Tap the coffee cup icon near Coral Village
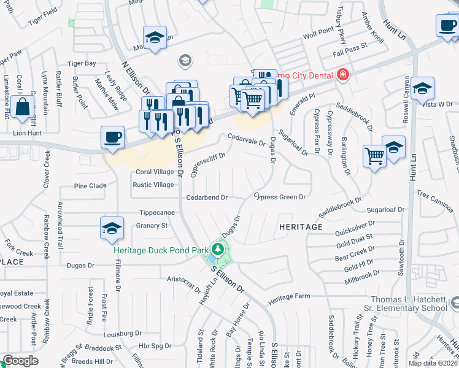(112, 137)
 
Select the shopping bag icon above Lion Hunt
(22, 107)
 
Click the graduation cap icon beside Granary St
(111, 229)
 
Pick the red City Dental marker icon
(342, 75)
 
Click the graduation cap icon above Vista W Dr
(422, 90)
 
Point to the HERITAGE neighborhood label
(301, 227)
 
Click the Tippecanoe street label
(158, 212)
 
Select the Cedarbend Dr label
(207, 197)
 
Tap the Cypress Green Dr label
(280, 197)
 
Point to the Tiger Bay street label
(82, 63)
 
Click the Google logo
(20, 361)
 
